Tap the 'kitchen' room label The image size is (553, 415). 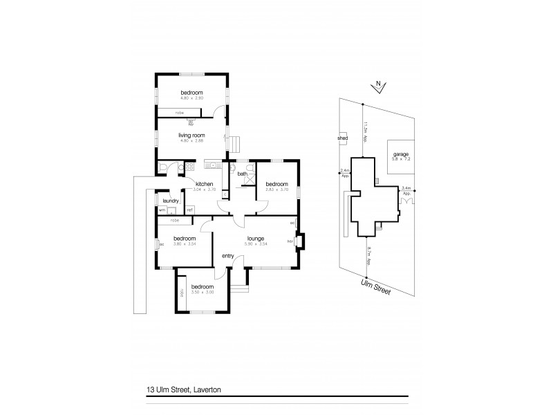[x=204, y=183]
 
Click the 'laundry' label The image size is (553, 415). [x=171, y=200]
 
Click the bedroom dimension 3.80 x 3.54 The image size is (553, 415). [x=183, y=243]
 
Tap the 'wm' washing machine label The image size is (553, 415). [x=162, y=210]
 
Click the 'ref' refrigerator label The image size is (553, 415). [x=189, y=210]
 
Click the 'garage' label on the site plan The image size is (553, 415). [x=401, y=154]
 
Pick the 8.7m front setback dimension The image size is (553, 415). [x=370, y=258]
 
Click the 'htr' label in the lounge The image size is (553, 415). [x=291, y=241]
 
